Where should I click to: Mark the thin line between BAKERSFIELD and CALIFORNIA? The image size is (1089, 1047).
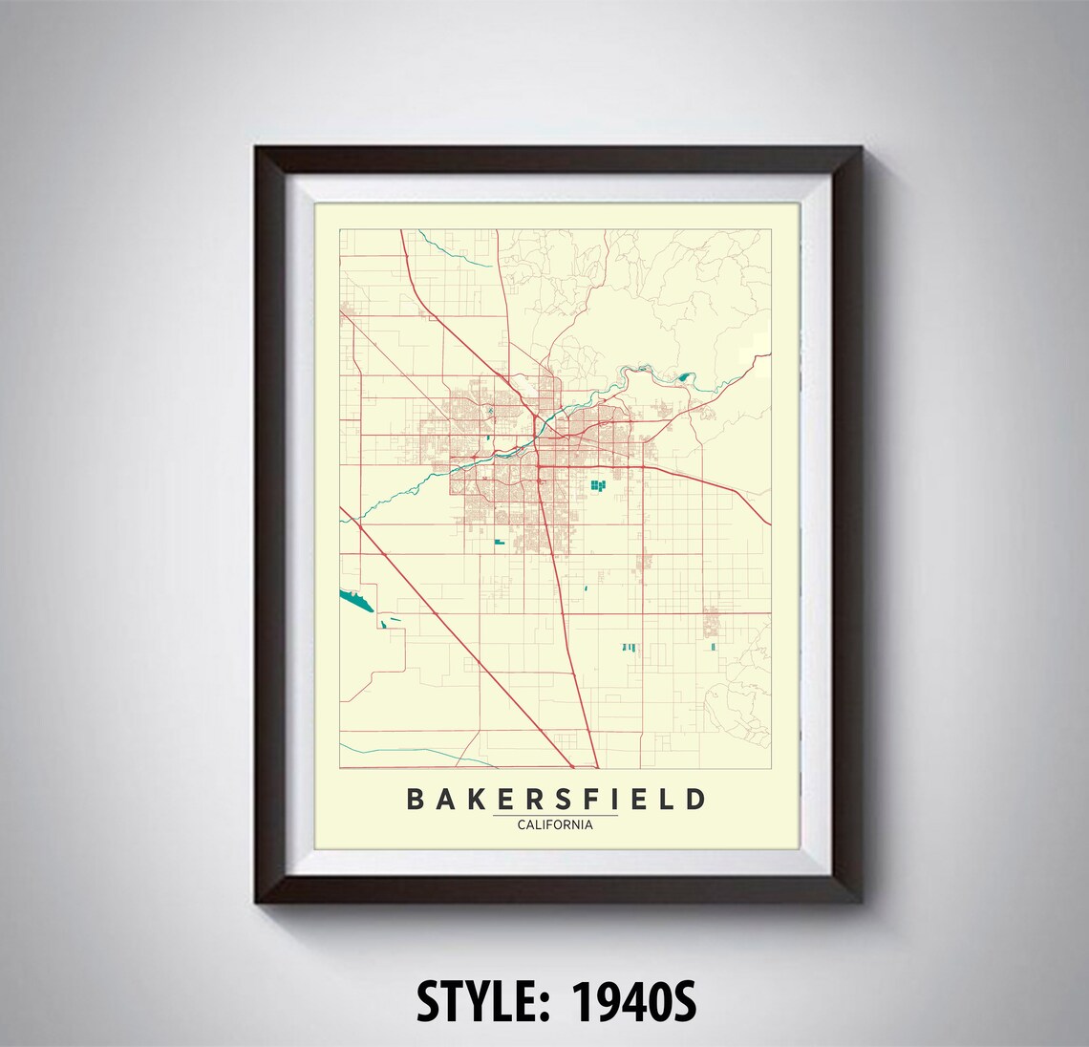coord(555,815)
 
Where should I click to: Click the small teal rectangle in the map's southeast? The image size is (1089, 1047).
coord(714,647)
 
